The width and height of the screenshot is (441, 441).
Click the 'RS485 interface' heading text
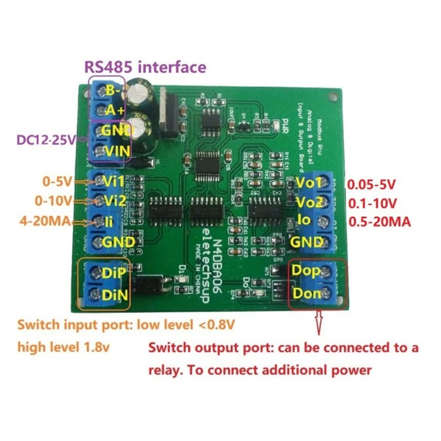pos(144,68)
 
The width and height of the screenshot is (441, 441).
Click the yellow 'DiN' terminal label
pos(115,294)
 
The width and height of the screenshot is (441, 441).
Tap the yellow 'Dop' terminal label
pos(306,271)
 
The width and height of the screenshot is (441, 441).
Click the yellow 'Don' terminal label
pos(306,293)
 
